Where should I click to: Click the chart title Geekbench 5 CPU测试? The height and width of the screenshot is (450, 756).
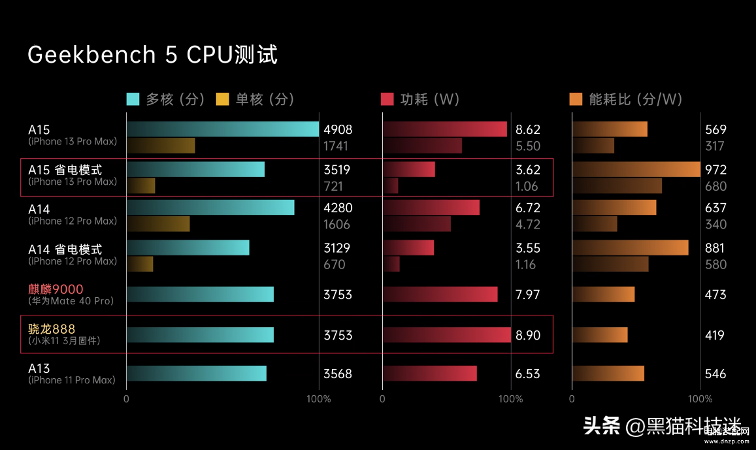152,55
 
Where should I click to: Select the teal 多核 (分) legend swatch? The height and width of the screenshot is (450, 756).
133,99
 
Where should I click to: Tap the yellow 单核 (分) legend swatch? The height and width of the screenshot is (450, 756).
223,99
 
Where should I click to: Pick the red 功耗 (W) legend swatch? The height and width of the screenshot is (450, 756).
387,99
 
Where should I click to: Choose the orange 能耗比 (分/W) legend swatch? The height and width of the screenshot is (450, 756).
576,99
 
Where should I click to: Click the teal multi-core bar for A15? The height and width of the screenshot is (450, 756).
222,129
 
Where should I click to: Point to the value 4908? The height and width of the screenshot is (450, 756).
337,130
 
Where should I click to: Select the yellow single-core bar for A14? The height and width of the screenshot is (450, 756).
158,224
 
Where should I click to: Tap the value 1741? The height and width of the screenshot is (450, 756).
336,146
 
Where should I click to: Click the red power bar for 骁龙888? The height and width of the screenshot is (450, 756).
447,335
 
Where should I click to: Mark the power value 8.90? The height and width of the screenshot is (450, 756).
528,335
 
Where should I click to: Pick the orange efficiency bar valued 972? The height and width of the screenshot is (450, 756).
636,170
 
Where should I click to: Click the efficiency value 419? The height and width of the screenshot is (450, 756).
715,335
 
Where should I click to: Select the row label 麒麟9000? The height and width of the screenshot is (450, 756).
56,289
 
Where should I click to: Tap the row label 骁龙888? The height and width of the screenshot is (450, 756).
52,329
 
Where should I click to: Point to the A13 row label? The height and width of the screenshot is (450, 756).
39,369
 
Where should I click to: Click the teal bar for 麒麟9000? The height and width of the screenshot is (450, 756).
200,295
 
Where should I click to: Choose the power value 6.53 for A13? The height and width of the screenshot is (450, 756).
528,374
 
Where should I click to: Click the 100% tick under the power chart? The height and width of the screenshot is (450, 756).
511,399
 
